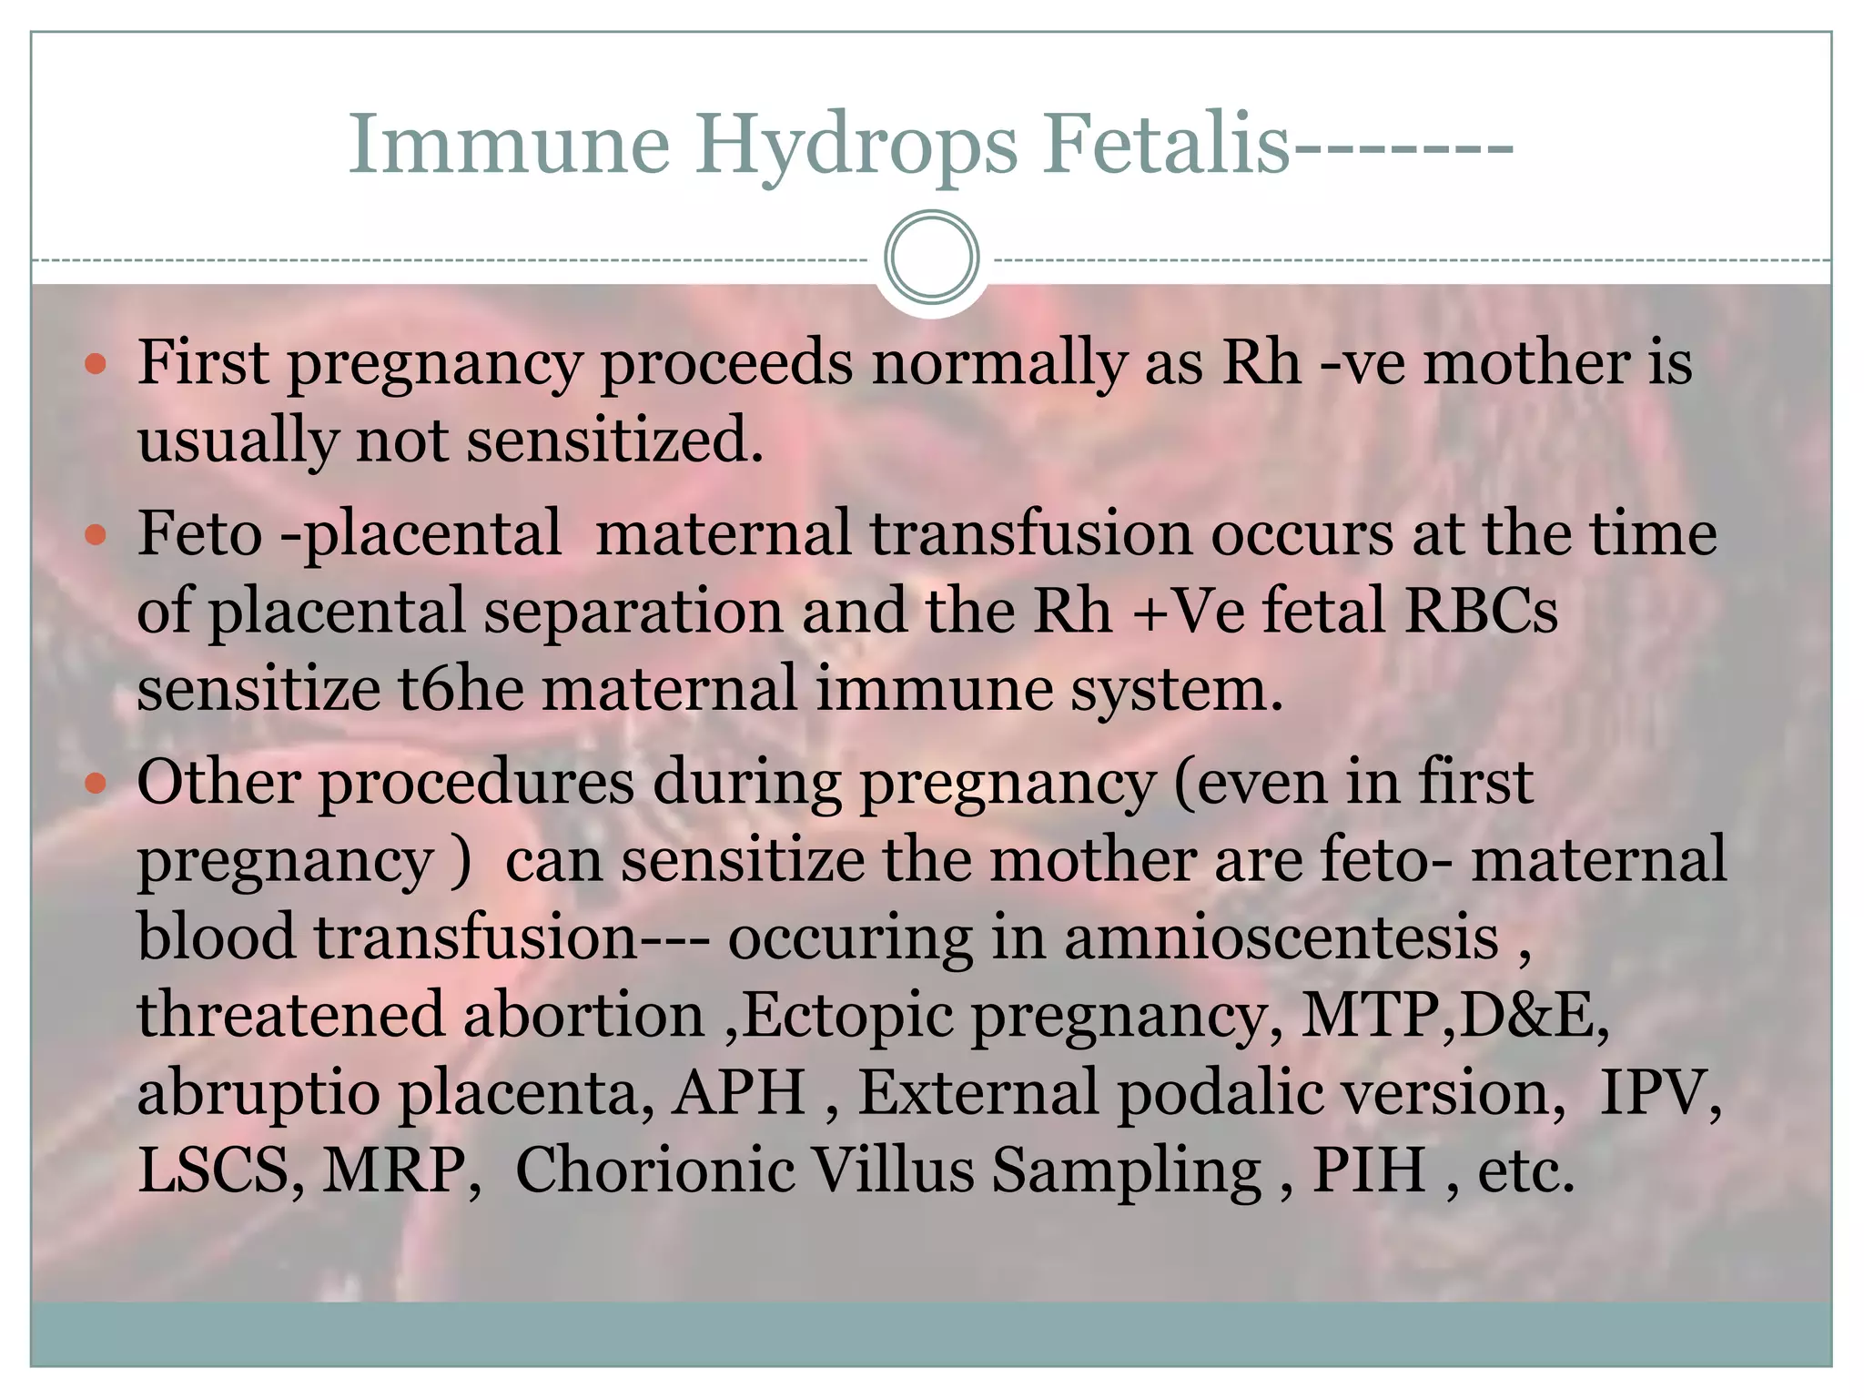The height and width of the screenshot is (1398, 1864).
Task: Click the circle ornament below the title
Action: coord(931,258)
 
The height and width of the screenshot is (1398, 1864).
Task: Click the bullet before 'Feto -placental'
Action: coord(96,535)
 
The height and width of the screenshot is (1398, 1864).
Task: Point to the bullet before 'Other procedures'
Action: coord(96,784)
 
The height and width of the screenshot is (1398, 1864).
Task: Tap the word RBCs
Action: coord(1481,611)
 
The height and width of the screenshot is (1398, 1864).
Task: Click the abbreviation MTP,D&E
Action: coord(1454,1016)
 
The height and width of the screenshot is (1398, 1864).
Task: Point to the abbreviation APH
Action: coord(738,1093)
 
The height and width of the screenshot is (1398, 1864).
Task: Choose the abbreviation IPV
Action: coord(1659,1093)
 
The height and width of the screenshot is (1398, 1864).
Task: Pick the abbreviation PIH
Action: coord(1368,1170)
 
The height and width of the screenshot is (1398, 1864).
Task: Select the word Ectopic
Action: coord(847,1018)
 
